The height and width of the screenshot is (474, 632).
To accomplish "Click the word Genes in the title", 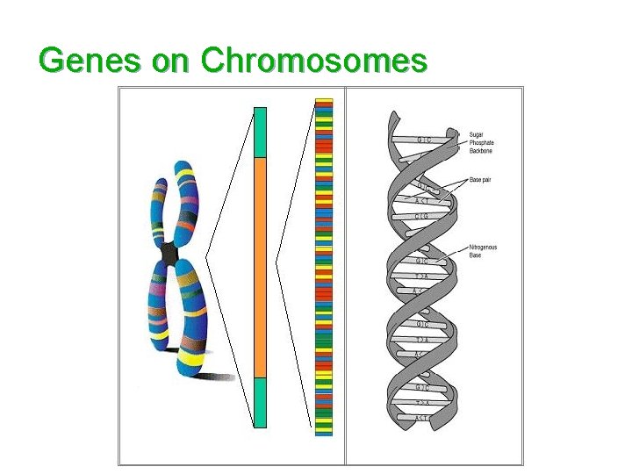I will coord(90,61).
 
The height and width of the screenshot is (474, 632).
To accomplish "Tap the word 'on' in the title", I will coord(170,61).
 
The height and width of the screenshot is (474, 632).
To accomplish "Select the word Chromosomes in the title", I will coord(313,61).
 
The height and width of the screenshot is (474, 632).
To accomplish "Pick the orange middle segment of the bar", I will coord(260,268).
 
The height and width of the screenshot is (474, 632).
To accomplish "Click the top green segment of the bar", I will coord(260,132).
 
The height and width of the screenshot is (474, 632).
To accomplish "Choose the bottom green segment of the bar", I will coord(260,402).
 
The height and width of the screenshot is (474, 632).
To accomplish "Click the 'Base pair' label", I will coord(480,180).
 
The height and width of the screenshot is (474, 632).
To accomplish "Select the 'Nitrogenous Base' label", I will coord(483,251).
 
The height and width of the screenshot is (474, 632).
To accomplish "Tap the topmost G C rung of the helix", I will coord(424,140).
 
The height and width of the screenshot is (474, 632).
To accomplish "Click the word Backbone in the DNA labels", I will coord(481,151).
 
